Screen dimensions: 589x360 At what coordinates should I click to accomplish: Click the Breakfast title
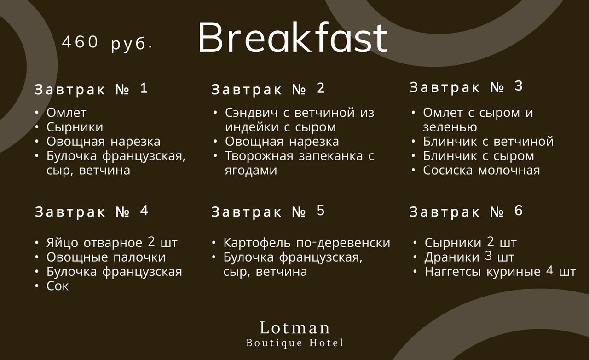pyautogui.click(x=292, y=37)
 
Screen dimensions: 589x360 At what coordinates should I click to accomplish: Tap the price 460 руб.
pyautogui.click(x=107, y=43)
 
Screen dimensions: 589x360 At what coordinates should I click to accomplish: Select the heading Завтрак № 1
pyautogui.click(x=91, y=89)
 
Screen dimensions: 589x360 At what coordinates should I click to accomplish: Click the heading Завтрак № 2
pyautogui.click(x=268, y=89)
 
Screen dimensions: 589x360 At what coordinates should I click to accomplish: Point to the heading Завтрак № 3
pyautogui.click(x=466, y=87)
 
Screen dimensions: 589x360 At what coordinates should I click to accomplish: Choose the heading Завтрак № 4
pyautogui.click(x=92, y=211)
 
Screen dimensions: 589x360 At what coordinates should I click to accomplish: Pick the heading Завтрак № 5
pyautogui.click(x=268, y=211)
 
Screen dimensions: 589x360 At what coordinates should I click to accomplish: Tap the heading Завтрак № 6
pyautogui.click(x=466, y=211)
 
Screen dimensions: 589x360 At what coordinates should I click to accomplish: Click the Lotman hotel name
pyautogui.click(x=294, y=328)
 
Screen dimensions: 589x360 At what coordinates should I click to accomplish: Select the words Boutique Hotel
pyautogui.click(x=295, y=343)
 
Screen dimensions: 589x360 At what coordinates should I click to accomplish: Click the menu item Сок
pyautogui.click(x=58, y=286)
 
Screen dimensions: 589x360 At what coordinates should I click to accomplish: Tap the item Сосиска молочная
pyautogui.click(x=481, y=170)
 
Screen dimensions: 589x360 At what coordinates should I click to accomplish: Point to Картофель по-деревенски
pyautogui.click(x=307, y=243)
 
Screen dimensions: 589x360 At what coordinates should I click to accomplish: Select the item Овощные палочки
pyautogui.click(x=106, y=257)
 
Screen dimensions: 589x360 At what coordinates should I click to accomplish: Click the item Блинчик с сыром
pyautogui.click(x=479, y=156)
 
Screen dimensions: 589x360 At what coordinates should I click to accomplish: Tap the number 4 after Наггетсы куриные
pyautogui.click(x=549, y=270)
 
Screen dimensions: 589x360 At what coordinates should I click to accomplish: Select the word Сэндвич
pyautogui.click(x=251, y=113)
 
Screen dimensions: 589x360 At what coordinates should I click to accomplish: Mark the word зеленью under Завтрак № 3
pyautogui.click(x=450, y=127)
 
